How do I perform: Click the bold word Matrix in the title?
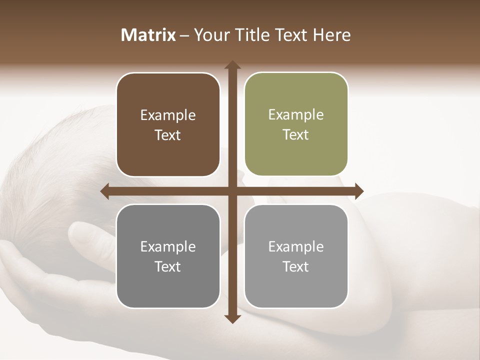[148, 35]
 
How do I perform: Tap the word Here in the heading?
[331, 35]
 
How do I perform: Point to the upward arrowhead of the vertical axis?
[232, 65]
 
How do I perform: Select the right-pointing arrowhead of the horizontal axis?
[358, 191]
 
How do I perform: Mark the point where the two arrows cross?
[232, 191]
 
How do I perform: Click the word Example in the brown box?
[168, 115]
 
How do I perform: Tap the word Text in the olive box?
[296, 135]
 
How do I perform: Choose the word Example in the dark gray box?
[168, 246]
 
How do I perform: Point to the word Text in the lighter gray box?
[296, 266]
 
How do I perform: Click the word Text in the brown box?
[168, 135]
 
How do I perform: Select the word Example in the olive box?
[296, 115]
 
